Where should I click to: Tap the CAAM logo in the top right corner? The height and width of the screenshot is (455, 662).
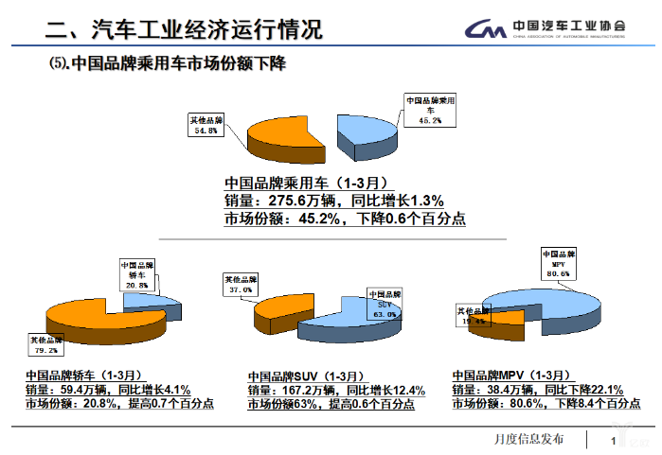(547, 29)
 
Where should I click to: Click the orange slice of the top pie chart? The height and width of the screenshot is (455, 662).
(284, 140)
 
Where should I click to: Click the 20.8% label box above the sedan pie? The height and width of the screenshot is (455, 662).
(137, 274)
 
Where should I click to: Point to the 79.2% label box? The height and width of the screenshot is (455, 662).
(45, 344)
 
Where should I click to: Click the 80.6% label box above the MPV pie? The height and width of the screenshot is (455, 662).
(559, 263)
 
